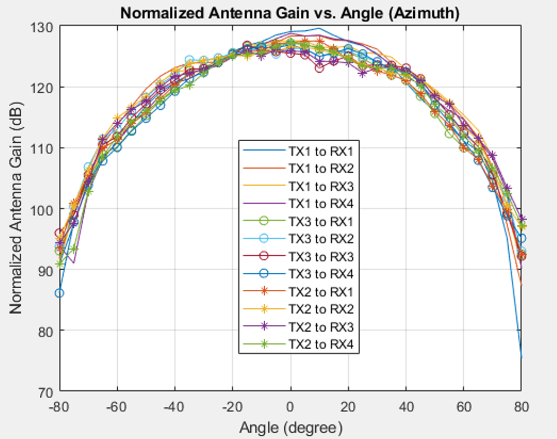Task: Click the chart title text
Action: [x=290, y=13]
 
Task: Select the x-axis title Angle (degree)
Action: [x=290, y=427]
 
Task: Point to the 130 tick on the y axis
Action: [x=43, y=27]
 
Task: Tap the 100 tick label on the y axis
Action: [x=43, y=209]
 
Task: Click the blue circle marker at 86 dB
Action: [x=59, y=293]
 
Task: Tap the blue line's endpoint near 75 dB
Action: [x=521, y=358]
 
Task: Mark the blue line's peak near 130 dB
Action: [x=319, y=28]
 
